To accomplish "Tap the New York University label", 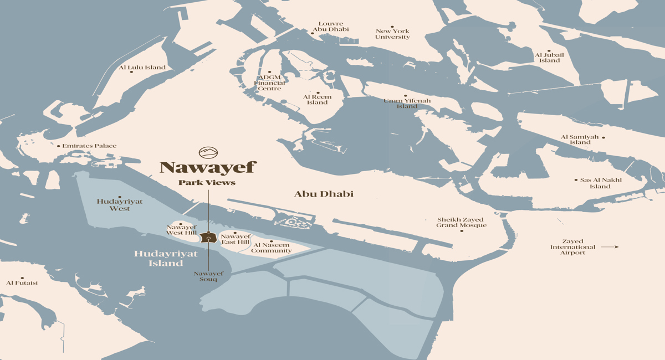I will [392, 34].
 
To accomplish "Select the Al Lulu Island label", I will [142, 68].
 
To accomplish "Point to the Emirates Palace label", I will [89, 146].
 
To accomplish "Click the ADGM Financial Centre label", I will [269, 83].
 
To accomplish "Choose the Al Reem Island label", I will [318, 100].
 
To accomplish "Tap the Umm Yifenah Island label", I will [407, 103].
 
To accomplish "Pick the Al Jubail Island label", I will [549, 58].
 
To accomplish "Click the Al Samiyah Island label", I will [580, 140].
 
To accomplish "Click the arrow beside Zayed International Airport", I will [610, 247].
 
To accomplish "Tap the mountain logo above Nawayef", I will [208, 152].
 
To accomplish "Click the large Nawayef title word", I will [208, 167].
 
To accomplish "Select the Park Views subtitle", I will [207, 183].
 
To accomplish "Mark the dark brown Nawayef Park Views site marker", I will [208, 238].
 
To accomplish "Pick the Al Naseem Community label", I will [272, 248].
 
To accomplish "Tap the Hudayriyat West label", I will [120, 205].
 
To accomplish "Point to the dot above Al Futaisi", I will [22, 278].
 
